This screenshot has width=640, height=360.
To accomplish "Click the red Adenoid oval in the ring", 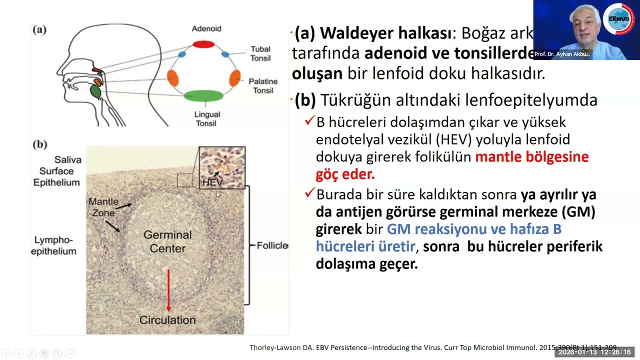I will click(203, 44).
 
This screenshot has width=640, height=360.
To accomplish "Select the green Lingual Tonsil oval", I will click(203, 95).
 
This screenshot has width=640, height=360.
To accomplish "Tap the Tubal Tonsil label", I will click(260, 53).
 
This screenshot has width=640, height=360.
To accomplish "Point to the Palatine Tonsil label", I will click(263, 85).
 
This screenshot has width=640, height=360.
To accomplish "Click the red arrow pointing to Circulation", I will click(168, 290).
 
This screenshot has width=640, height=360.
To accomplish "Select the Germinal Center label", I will click(167, 241).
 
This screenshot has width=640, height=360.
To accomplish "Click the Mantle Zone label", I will click(103, 207).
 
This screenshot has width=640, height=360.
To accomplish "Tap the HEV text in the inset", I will click(212, 182).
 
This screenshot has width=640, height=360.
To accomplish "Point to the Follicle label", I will click(272, 245).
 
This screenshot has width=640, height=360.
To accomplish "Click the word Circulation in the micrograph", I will click(167, 320).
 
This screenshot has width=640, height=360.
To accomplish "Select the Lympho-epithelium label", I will click(53, 245).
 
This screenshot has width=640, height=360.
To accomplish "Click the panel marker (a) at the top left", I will click(39, 29).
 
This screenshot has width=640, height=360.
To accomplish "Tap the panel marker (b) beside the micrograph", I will click(39, 144).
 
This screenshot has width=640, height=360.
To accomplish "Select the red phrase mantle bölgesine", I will click(531, 156).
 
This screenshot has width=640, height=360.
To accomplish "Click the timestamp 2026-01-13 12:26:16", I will click(594, 352).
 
